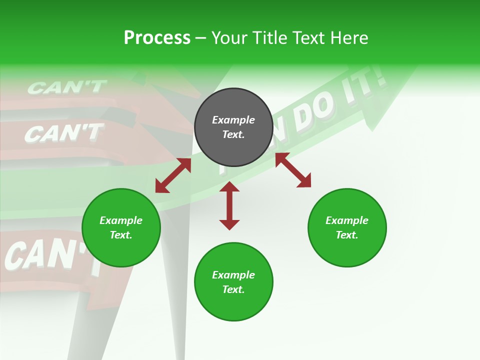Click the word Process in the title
(x=157, y=38)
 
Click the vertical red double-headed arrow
(x=229, y=205)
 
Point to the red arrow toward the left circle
(x=173, y=175)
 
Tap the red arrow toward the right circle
(x=293, y=170)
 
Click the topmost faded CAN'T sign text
(x=66, y=87)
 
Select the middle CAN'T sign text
(x=63, y=133)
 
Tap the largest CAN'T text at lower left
(x=50, y=255)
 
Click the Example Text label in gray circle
(x=233, y=127)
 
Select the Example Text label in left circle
(x=121, y=227)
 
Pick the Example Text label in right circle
(x=347, y=227)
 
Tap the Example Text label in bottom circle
(x=233, y=282)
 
